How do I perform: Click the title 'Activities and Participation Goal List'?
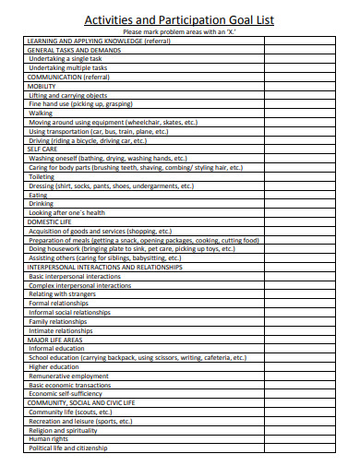[x=179, y=19]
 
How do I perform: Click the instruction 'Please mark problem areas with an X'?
[x=179, y=33]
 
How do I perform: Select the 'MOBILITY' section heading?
[x=42, y=86]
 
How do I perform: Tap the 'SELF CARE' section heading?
[x=42, y=148]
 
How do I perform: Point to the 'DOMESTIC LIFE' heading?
[x=49, y=221]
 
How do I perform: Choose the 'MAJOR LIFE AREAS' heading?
[x=54, y=340]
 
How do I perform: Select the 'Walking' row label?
[x=41, y=113]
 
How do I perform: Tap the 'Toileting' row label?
[x=42, y=177]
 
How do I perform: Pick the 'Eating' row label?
[x=38, y=195]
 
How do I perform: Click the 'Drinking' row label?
[x=42, y=204]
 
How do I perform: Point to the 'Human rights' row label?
[x=49, y=438]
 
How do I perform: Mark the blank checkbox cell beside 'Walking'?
[x=305, y=113]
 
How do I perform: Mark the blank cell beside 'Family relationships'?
[x=305, y=321]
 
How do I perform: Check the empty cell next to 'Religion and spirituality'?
[x=305, y=429]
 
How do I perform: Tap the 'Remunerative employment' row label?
[x=68, y=376]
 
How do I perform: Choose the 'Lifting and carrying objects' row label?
[x=68, y=95]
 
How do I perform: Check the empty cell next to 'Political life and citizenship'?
[x=305, y=448]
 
